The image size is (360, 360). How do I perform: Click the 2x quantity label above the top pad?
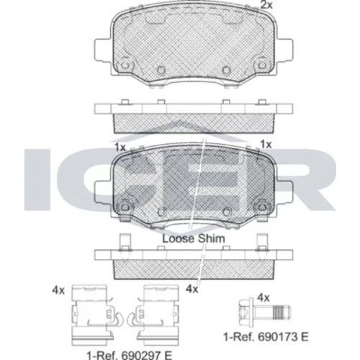pos(266,5)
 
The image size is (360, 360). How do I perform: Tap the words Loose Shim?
pos(194,238)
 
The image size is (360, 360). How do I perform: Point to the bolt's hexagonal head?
pos(246,312)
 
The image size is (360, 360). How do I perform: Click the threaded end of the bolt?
pos(282,312)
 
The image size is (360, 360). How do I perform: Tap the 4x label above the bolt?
pos(264,298)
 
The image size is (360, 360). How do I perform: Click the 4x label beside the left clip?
pos(58,291)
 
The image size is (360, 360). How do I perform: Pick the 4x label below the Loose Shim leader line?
pos(192,289)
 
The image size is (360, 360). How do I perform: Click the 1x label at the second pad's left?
pos(120,147)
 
